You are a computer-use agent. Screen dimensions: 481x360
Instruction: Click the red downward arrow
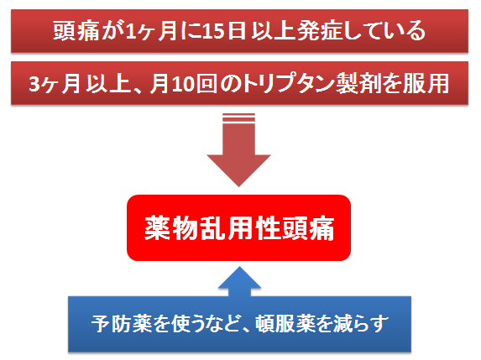238,150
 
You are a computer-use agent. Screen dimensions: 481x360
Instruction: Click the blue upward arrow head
239,278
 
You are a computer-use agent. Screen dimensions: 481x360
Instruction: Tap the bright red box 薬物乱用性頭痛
238,228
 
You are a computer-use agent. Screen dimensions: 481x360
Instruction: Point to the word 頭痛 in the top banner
76,31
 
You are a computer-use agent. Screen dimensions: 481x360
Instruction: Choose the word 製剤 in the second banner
358,84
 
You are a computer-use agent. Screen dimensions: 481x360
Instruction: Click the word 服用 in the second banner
426,84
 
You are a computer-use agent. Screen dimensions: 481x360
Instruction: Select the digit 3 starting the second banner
34,84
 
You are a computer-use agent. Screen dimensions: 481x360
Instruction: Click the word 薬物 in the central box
171,228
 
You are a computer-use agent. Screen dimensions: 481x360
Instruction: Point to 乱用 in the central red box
226,228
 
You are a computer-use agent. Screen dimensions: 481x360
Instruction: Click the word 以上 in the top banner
274,31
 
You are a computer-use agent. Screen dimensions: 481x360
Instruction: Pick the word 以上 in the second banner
108,84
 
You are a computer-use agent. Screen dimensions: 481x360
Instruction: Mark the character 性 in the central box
267,228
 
